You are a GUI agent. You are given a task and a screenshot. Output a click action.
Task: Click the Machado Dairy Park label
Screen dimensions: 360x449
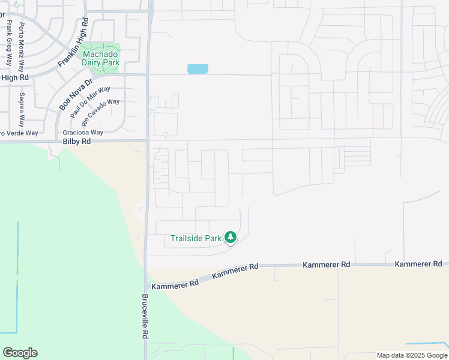point(101,58)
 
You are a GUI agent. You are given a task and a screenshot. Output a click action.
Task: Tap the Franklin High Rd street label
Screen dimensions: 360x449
point(73,43)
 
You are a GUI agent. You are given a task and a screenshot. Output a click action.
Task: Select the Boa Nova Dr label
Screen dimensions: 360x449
point(76,95)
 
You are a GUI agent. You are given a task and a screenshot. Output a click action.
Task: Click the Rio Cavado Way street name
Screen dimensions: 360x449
point(104,112)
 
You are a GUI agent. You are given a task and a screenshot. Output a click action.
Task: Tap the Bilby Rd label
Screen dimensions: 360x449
point(77,142)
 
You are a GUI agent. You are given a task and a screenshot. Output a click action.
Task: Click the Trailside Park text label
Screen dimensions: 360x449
point(196,238)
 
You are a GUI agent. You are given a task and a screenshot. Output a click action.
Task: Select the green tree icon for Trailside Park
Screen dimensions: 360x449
point(231,238)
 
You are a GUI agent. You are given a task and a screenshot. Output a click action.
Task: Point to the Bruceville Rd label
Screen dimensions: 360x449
point(145,317)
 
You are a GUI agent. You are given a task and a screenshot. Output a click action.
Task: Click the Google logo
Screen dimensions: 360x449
point(20,353)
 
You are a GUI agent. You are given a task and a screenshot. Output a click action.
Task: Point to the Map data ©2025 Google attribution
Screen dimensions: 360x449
point(412,355)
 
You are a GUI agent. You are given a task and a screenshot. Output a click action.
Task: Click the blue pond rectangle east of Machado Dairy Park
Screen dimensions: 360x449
point(197,69)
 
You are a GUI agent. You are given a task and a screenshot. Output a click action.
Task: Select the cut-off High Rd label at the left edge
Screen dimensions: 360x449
point(14,77)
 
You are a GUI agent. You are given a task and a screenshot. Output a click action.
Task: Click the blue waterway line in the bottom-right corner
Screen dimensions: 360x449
point(427,344)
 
